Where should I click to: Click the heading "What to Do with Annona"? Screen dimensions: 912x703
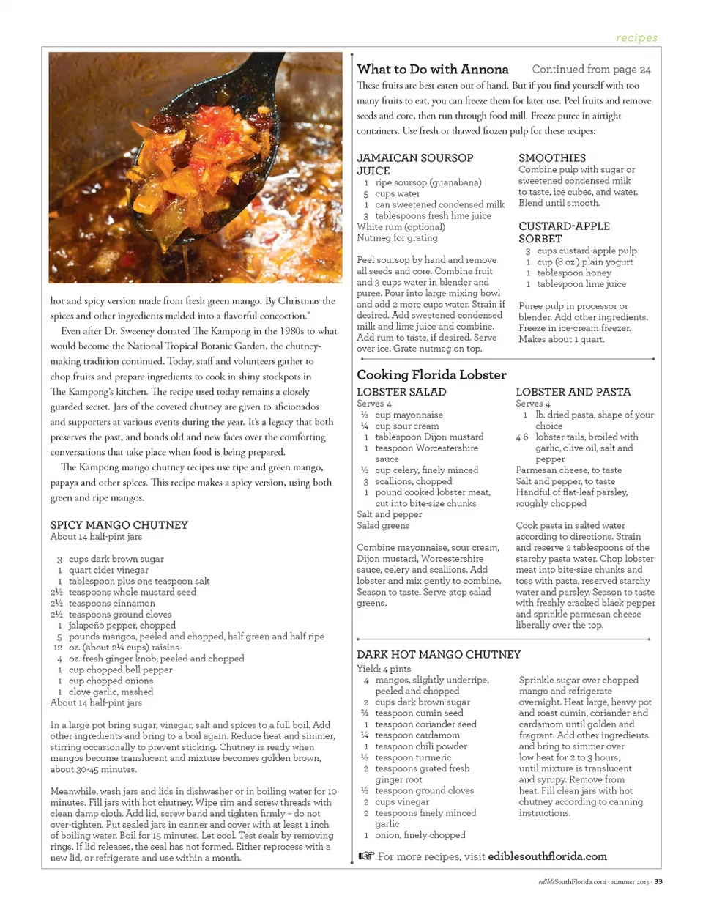point(432,70)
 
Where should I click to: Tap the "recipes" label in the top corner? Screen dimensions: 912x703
point(636,38)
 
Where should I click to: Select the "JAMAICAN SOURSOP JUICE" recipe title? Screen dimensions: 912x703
point(414,164)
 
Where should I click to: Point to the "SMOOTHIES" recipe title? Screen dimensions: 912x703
point(552,157)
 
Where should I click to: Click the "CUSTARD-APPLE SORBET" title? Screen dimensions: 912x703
point(564,232)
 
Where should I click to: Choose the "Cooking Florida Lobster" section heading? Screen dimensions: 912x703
point(431,374)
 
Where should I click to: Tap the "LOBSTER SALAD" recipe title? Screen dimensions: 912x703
point(401,392)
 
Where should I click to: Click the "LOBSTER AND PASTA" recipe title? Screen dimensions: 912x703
point(573,392)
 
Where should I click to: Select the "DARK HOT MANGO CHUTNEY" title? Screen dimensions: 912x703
point(439,654)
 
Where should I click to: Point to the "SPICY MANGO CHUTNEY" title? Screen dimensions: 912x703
point(119,524)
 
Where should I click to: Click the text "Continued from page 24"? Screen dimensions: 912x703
point(591,70)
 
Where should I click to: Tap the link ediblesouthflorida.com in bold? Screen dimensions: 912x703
point(547,856)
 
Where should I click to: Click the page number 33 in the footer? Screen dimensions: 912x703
point(658,881)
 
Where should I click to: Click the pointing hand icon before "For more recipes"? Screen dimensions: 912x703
point(365,856)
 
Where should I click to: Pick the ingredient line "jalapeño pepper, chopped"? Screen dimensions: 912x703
point(122,625)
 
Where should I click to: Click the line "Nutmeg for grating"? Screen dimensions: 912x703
point(397,237)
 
